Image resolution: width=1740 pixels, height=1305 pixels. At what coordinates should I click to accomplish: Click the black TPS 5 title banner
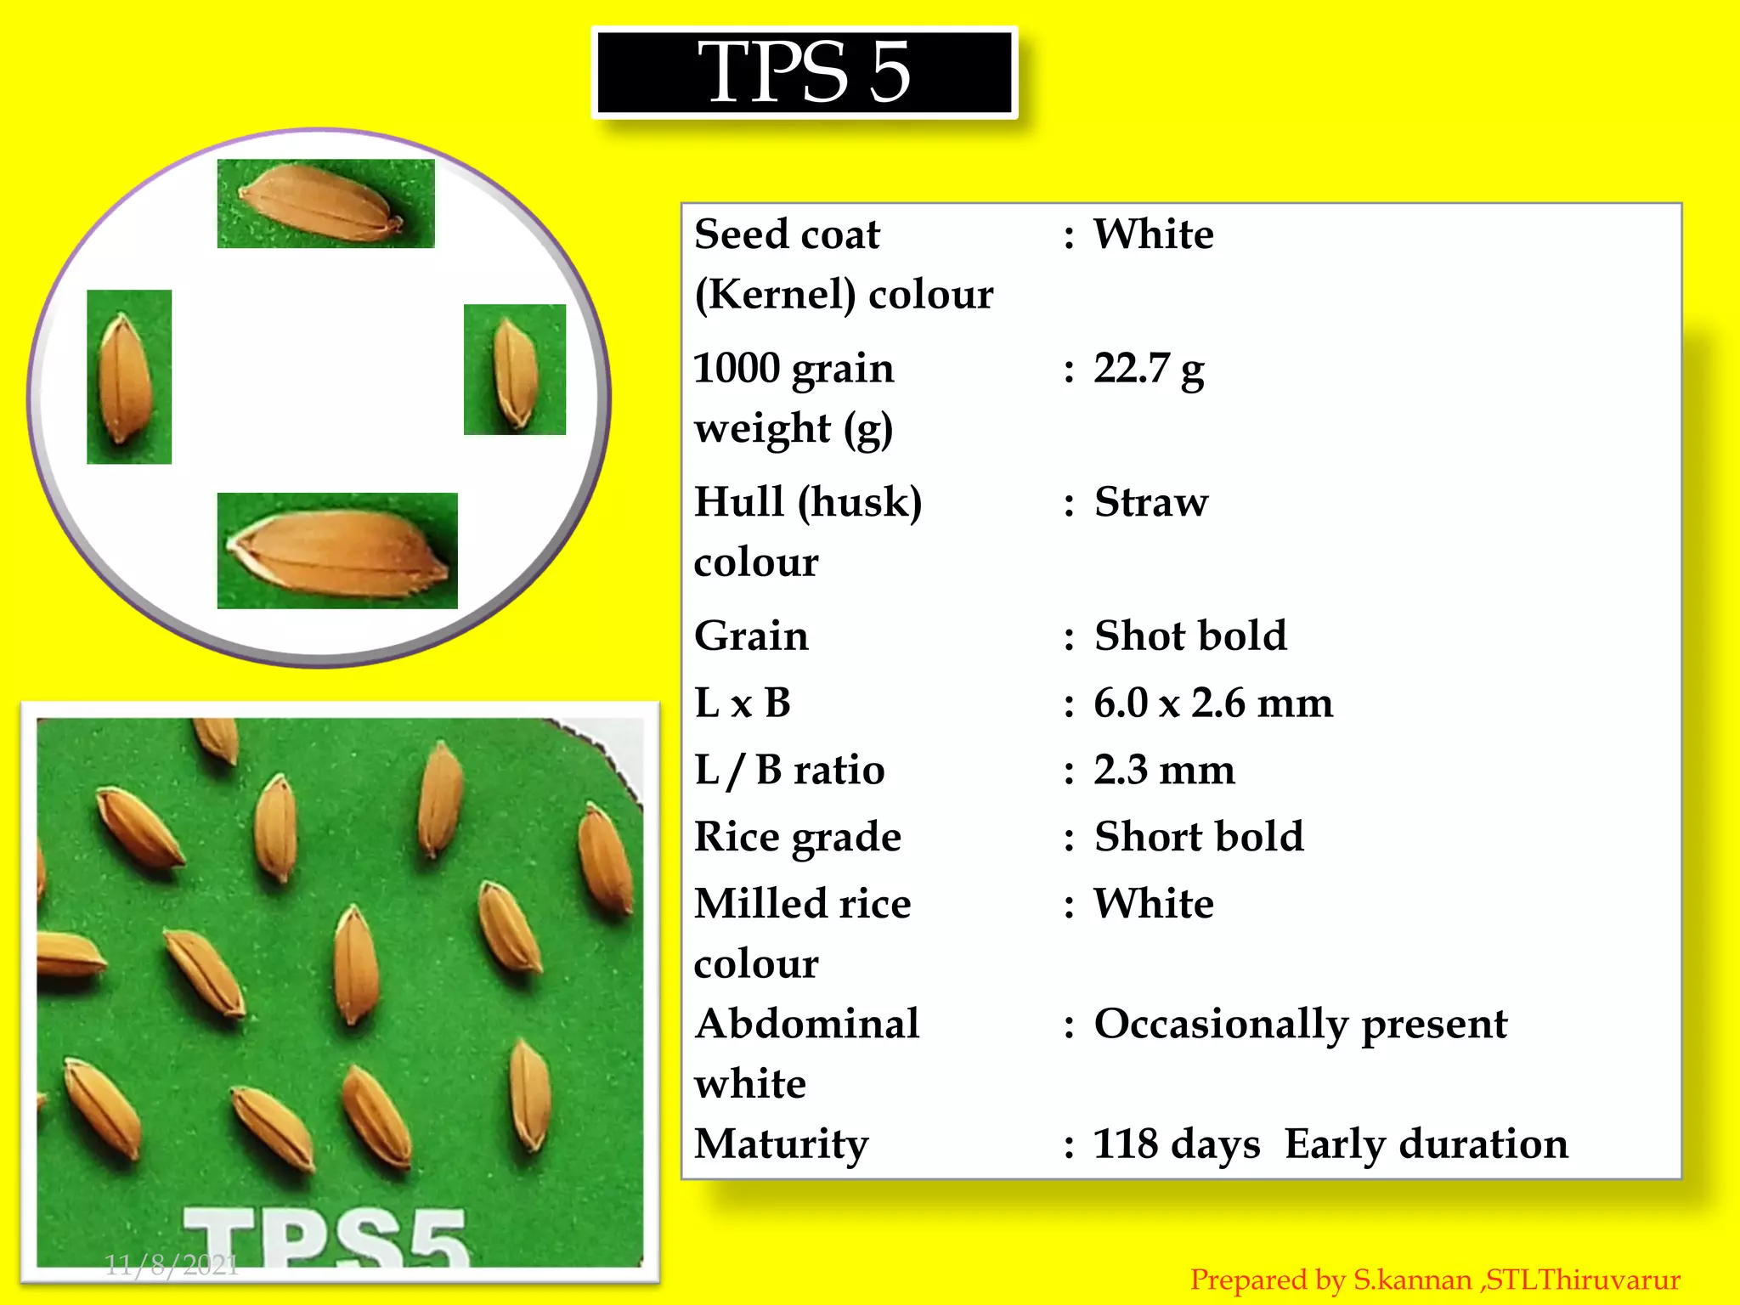804,72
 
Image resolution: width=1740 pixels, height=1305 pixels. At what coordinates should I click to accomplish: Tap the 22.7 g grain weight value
1148,370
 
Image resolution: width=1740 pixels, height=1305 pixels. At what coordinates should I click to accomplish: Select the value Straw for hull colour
1150,502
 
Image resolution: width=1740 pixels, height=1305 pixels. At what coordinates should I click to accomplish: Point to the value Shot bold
1189,636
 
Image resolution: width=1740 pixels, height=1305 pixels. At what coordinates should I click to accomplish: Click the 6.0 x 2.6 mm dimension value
1212,703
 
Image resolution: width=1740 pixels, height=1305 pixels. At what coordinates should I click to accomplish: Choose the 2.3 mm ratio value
1163,771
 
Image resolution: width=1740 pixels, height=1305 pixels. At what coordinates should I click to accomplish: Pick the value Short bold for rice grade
1198,837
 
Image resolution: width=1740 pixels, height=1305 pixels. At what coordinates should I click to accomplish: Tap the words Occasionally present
1300,1025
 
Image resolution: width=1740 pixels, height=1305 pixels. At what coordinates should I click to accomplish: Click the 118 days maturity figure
1176,1144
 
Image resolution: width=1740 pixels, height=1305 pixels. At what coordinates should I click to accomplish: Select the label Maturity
781,1144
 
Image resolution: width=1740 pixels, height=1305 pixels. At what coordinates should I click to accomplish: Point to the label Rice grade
797,837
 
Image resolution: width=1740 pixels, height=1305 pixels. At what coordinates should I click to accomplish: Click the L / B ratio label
789,771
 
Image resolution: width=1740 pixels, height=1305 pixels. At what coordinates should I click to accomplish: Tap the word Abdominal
806,1024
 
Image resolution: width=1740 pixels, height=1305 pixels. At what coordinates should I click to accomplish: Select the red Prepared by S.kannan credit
1434,1280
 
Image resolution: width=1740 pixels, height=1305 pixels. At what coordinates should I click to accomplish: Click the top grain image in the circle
325,204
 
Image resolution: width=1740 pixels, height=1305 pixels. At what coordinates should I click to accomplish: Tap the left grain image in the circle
129,377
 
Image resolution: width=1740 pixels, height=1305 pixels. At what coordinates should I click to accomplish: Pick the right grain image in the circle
515,370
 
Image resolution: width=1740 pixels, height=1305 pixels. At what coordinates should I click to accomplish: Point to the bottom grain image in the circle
337,551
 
